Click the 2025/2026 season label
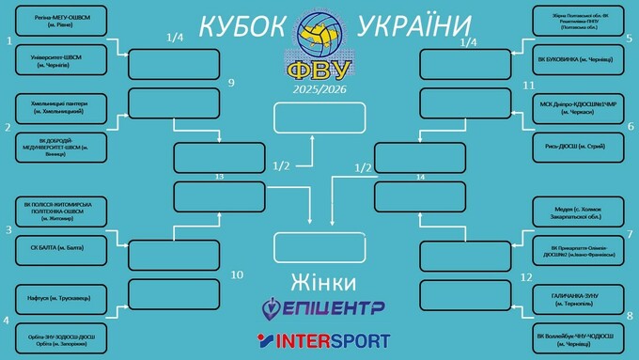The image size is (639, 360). point(319,88)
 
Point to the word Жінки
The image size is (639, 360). point(319,282)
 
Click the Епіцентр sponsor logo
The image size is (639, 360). point(319,307)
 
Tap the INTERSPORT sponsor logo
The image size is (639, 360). point(319,338)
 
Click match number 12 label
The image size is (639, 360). point(526,276)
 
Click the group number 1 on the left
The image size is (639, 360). point(8,40)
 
